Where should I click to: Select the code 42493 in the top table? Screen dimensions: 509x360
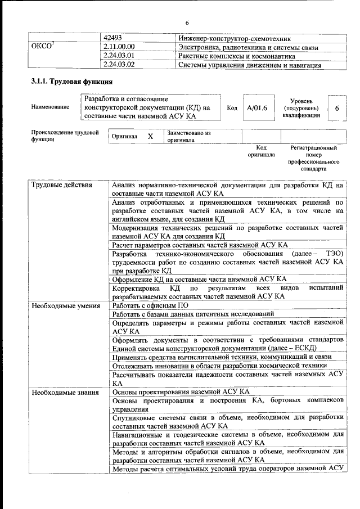click(115, 38)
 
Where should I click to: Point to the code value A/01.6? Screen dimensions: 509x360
click(256, 107)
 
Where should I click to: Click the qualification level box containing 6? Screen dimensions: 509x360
click(336, 107)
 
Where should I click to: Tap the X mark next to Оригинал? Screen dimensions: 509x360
click(150, 136)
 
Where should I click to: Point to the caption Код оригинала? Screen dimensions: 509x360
click(261, 151)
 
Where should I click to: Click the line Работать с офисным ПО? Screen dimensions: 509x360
click(150, 305)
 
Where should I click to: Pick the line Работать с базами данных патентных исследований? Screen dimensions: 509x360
click(193, 314)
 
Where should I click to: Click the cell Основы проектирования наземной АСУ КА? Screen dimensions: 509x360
click(181, 392)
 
